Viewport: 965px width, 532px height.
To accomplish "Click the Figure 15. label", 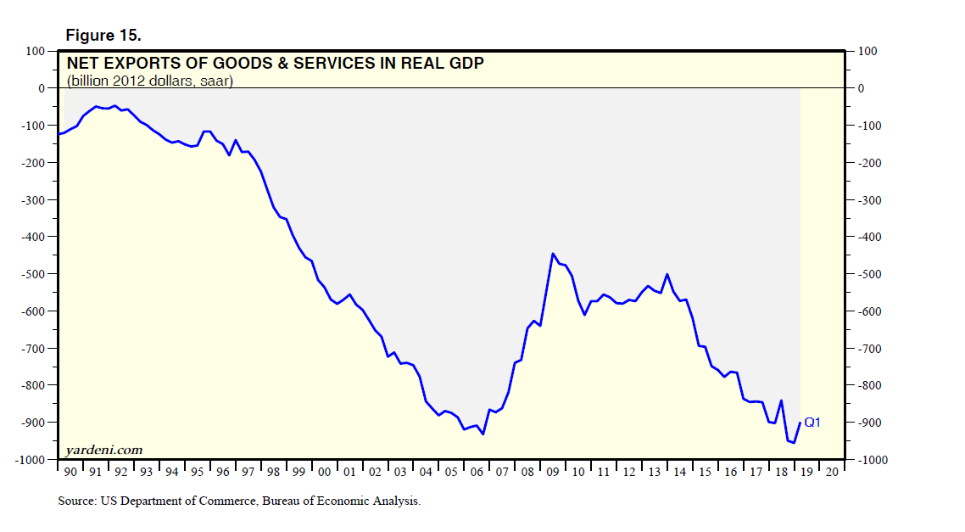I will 103,36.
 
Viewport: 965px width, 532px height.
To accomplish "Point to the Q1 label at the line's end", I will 812,422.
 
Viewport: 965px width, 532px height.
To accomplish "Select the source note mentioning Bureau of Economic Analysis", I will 239,501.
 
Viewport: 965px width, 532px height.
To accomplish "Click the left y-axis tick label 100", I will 36,52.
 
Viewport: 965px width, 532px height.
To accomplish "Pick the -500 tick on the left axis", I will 33,274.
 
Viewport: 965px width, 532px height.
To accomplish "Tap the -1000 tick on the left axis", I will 31,460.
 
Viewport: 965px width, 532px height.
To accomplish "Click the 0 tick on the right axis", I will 862,88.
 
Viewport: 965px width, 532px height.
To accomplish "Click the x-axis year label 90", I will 70,472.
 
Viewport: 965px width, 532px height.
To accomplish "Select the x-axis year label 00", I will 324,472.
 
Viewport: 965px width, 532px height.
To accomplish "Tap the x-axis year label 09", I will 553,472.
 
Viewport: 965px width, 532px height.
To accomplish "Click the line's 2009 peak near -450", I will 553,254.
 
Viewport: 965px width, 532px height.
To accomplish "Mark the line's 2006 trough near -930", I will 482,434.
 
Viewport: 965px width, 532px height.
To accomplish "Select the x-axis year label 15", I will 705,472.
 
